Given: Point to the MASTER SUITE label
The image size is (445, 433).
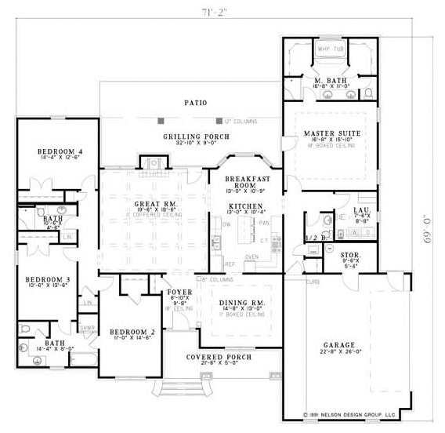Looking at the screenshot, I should coord(331,134).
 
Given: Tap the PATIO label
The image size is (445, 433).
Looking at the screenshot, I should coord(195,103).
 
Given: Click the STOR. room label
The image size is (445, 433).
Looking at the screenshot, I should coord(349,256).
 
